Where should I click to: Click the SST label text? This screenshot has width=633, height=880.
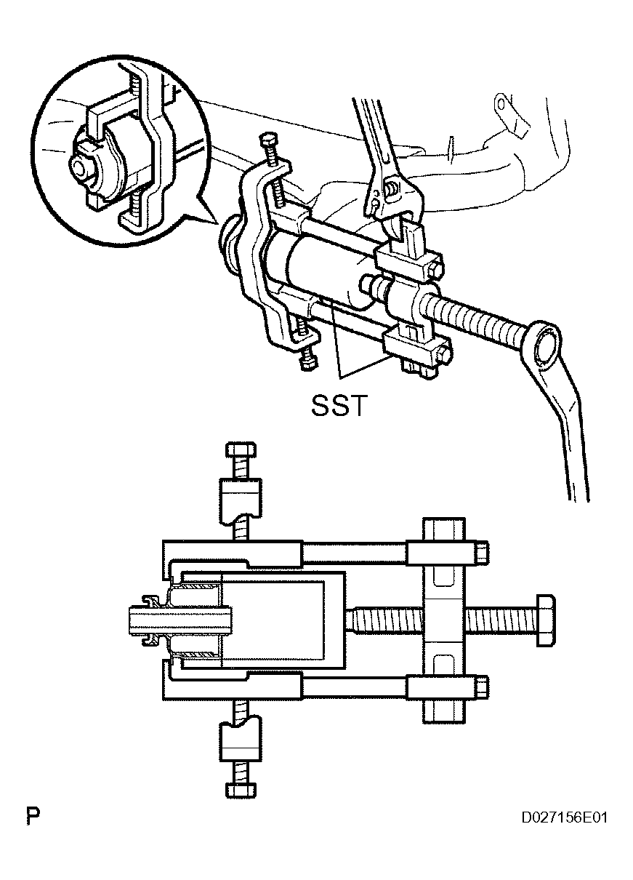[x=339, y=405]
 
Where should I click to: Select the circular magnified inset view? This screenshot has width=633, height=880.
[x=118, y=151]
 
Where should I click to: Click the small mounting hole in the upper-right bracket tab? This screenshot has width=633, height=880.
[x=501, y=104]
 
